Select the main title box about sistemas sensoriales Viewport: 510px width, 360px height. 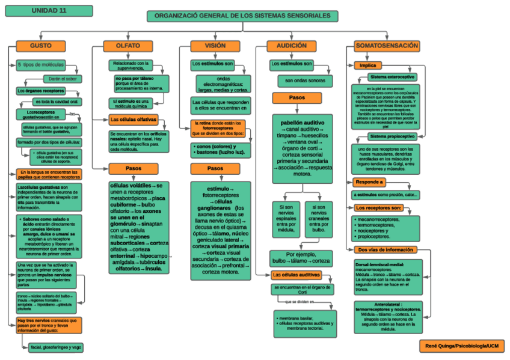pos(242,16)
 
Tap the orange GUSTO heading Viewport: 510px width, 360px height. pos(40,46)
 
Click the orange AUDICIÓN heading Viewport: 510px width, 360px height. pos(291,46)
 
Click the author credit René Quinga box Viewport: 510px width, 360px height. pos(461,346)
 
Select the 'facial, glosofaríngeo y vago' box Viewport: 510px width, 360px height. pos(55,347)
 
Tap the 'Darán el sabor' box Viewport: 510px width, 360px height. pos(63,79)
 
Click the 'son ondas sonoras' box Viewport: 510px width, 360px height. pos(305,81)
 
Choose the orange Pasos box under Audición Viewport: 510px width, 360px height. pos(296,97)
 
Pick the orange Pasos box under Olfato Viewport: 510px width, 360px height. pos(134,168)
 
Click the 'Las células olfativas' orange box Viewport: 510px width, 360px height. pos(134,119)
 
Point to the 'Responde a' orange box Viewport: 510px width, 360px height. pos(369,182)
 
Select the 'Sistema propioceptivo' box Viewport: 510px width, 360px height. pos(392,136)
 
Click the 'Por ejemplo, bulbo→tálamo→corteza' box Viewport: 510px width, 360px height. pos(300,258)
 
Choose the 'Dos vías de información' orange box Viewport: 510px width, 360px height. pos(385,249)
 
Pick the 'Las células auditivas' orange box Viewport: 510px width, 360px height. pos(296,275)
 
